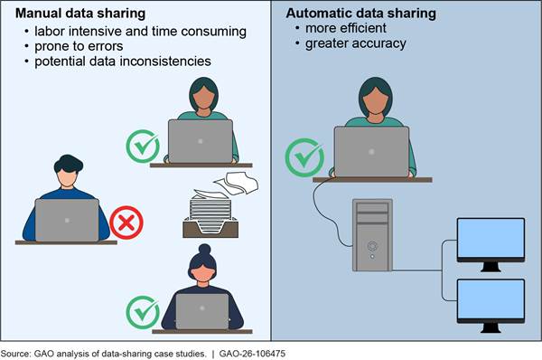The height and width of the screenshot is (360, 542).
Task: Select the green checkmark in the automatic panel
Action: click(x=304, y=156)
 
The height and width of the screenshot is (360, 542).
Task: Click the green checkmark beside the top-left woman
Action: click(x=143, y=144)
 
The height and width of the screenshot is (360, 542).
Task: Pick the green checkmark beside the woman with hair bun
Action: click(x=143, y=311)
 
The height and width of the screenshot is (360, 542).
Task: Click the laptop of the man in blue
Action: click(x=67, y=219)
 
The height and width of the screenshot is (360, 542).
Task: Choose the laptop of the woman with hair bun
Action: click(x=202, y=311)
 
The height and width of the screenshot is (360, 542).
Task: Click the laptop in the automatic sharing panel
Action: click(x=370, y=151)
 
